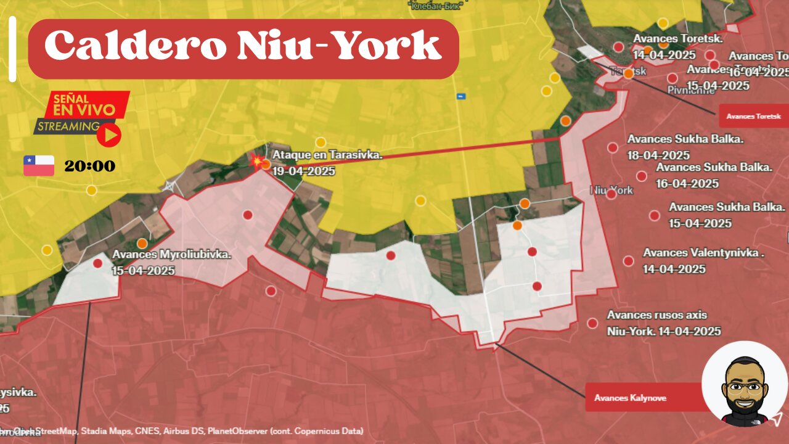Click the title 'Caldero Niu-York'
click(243, 47)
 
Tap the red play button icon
click(109, 136)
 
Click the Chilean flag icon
click(39, 166)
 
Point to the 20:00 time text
click(89, 166)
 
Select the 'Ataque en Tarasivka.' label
click(327, 155)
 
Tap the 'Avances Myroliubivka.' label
click(171, 255)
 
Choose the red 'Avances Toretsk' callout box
click(753, 116)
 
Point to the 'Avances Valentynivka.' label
click(704, 253)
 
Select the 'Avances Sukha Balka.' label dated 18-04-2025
click(685, 139)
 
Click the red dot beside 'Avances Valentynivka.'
click(628, 261)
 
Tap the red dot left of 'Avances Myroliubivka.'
click(97, 263)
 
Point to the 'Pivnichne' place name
click(691, 90)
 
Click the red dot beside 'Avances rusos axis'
click(592, 323)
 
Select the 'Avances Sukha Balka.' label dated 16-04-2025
click(714, 168)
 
